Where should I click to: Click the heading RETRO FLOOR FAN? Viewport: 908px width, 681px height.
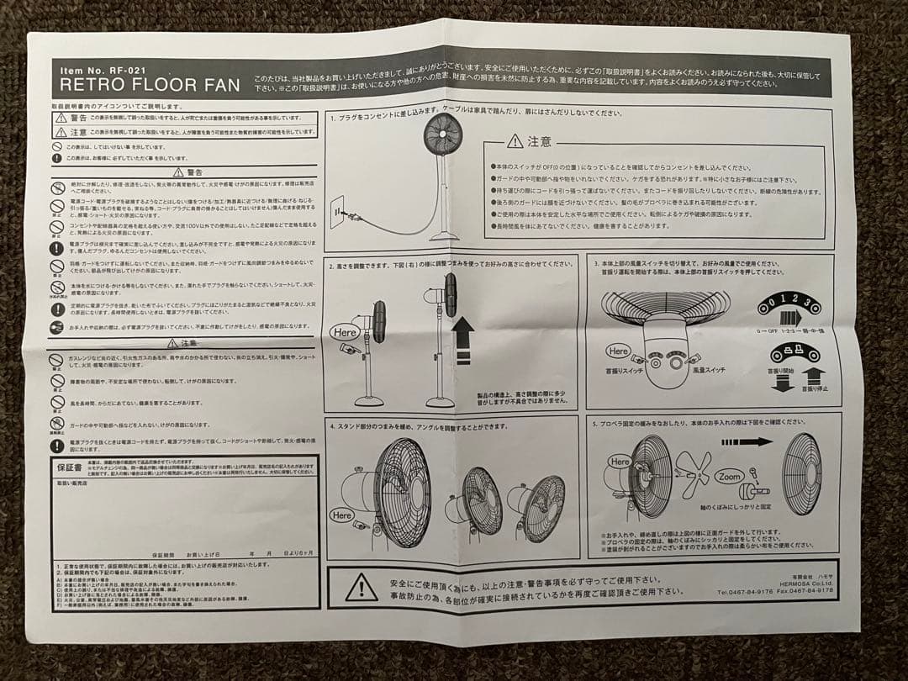(150, 84)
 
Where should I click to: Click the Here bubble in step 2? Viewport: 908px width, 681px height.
(346, 331)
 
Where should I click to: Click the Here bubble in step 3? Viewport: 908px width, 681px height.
(618, 350)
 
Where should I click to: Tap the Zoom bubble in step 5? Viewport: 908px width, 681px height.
(729, 475)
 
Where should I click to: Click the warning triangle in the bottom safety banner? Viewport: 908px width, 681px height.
(361, 586)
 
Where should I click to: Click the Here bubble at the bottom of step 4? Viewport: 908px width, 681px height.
(343, 514)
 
